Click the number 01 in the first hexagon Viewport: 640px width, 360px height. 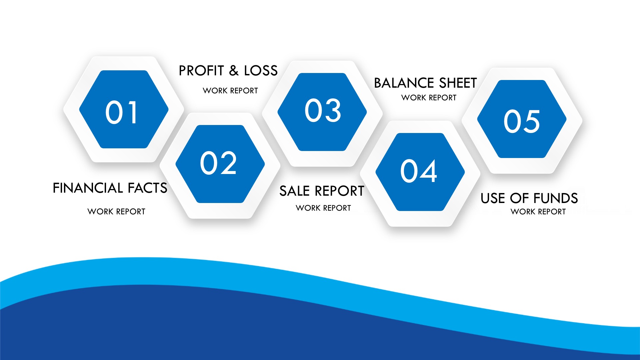pyautogui.click(x=121, y=112)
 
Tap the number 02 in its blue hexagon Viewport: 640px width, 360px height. pyautogui.click(x=218, y=163)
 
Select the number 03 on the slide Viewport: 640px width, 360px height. pyautogui.click(x=323, y=110)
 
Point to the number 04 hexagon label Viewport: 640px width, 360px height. pyautogui.click(x=418, y=171)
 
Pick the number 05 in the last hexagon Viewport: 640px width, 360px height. pyautogui.click(x=522, y=121)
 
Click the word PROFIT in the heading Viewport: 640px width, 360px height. pyautogui.click(x=201, y=71)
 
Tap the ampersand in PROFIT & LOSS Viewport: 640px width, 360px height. pyautogui.click(x=234, y=71)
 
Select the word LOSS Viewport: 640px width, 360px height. pyautogui.click(x=261, y=71)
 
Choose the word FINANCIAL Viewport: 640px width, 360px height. pyautogui.click(x=88, y=188)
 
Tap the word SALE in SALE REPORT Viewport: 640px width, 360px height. pyautogui.click(x=295, y=191)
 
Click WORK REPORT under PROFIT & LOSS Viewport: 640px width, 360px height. pyautogui.click(x=230, y=91)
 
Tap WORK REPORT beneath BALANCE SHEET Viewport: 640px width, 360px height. pyautogui.click(x=429, y=98)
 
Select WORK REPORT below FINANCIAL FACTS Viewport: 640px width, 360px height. pyautogui.click(x=116, y=212)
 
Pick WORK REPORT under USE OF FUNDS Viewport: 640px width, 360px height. pyautogui.click(x=538, y=212)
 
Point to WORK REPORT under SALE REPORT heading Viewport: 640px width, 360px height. pyautogui.click(x=323, y=208)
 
